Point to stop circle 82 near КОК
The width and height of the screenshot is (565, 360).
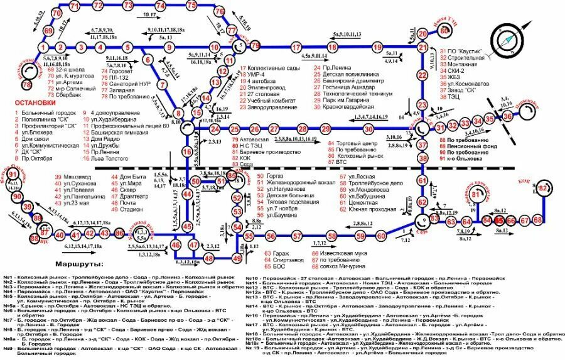coord(544,188)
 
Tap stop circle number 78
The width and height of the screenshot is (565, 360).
coord(26,84)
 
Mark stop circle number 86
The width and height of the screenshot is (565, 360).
coord(120,234)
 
